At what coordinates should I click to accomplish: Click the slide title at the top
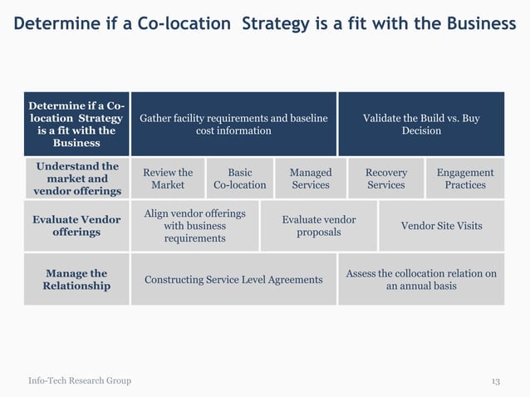[264, 23]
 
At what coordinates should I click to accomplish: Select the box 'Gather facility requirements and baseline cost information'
[233, 125]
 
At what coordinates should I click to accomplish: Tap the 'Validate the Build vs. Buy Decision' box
[421, 125]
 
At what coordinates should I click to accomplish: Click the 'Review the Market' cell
[168, 179]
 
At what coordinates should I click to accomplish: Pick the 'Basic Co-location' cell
[239, 179]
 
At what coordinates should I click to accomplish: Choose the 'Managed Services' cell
[310, 179]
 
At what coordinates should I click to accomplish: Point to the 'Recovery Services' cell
[386, 179]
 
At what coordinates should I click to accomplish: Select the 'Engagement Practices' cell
[464, 179]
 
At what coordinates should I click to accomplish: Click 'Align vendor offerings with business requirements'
[195, 226]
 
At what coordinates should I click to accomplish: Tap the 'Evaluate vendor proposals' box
[319, 226]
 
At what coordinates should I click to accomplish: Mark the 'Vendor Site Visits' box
[441, 226]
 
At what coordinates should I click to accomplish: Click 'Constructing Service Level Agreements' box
[233, 280]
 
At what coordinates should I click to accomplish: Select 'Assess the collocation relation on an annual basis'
[421, 280]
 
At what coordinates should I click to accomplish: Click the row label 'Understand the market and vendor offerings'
[76, 179]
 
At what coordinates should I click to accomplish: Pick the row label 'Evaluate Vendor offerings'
[76, 226]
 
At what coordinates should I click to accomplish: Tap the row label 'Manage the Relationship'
[76, 280]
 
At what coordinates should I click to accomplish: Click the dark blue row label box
[76, 125]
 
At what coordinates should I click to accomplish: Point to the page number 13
[495, 381]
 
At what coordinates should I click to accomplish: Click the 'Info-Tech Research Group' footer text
[80, 381]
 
